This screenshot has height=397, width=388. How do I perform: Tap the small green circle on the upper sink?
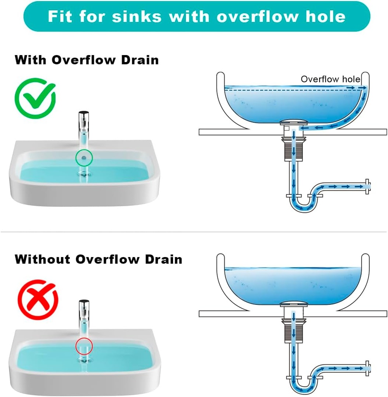click(84, 157)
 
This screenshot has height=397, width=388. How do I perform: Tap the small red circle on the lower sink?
click(84, 346)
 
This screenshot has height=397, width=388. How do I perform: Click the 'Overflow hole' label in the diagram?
click(330, 79)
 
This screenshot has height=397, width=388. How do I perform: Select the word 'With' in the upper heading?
click(31, 60)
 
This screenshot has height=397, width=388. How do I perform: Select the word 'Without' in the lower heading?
click(43, 259)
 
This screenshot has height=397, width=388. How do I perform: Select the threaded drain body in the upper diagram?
click(295, 150)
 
